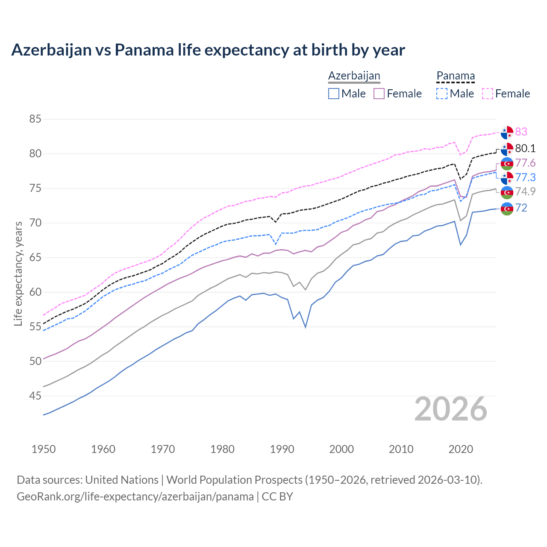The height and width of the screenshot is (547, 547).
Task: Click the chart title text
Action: click(x=208, y=50)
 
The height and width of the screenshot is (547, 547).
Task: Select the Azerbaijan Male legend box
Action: click(x=334, y=94)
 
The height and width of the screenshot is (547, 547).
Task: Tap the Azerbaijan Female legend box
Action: click(x=379, y=94)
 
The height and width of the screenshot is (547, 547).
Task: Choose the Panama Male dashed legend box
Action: click(x=442, y=94)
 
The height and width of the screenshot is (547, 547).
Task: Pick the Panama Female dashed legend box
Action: click(x=487, y=94)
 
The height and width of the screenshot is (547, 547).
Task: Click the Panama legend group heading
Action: click(x=455, y=76)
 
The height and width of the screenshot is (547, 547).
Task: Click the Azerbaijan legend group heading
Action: click(x=354, y=76)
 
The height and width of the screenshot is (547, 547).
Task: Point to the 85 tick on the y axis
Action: click(x=35, y=119)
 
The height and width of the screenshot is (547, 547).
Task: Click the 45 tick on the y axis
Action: click(x=35, y=396)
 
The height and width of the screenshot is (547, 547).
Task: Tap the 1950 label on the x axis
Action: click(x=44, y=449)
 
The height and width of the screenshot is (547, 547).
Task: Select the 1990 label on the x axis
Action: click(x=282, y=449)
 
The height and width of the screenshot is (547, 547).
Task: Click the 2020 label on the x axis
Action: click(x=461, y=449)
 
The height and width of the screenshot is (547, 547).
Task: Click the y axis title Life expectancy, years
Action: click(x=18, y=273)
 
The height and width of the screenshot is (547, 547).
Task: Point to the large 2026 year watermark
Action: click(x=451, y=409)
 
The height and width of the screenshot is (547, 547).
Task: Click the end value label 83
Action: click(x=521, y=132)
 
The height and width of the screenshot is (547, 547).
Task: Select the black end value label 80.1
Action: click(x=525, y=148)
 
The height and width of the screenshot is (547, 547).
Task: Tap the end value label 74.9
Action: click(x=525, y=191)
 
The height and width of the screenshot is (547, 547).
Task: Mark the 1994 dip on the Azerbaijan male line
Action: click(x=306, y=327)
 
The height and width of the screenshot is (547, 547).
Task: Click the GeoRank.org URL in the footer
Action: click(x=135, y=497)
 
